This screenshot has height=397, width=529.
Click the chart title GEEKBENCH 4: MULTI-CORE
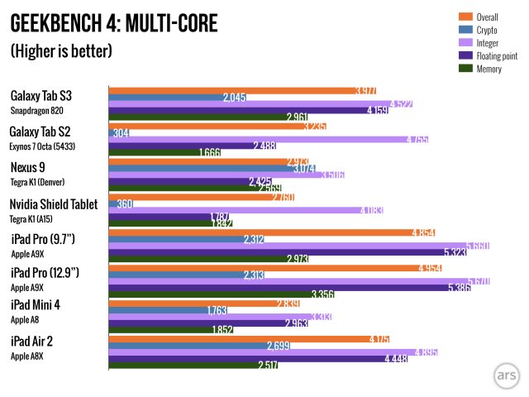click(114, 24)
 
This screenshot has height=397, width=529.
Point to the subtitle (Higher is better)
click(61, 51)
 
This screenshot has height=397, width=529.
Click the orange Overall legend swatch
click(464, 16)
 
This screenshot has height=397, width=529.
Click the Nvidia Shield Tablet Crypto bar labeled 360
click(121, 204)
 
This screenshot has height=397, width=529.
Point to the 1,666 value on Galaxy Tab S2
click(209, 152)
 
